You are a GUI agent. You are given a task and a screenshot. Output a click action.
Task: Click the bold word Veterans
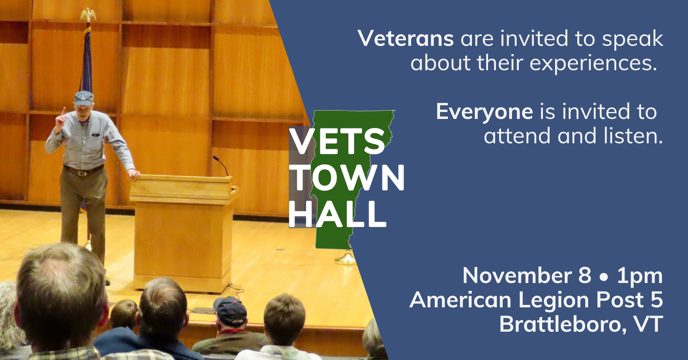coord(406,38)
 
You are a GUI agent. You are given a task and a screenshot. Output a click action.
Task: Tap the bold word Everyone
coord(484,112)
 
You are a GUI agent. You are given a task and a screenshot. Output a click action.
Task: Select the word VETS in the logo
coord(337,141)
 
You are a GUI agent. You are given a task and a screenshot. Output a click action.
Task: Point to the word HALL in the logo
coord(338,214)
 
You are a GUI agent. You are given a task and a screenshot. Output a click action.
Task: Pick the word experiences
coord(593,64)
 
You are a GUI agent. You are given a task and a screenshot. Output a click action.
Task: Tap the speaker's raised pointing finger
coord(63,112)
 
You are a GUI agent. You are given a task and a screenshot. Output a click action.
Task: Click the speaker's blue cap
coord(83,98)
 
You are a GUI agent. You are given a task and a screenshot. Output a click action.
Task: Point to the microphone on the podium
coord(221,165)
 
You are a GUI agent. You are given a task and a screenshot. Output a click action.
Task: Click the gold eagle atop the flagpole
coord(88,15)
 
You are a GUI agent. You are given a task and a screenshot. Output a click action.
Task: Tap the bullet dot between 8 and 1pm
coord(604,277)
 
